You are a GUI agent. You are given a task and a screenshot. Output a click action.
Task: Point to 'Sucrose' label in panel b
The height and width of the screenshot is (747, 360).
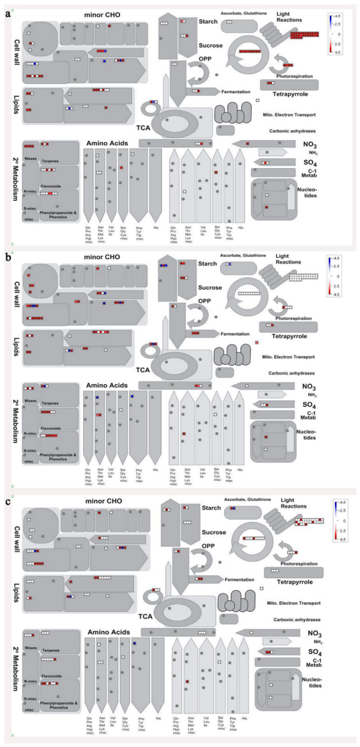[210, 288]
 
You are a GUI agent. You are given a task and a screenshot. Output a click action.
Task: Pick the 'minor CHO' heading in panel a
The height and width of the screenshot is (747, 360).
[102, 15]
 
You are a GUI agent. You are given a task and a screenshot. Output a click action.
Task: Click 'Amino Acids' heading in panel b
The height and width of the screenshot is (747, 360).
[107, 385]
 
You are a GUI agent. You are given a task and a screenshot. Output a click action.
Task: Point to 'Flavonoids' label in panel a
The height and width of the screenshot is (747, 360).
[51, 186]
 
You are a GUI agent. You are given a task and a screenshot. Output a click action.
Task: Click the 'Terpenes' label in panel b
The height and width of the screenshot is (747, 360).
[50, 403]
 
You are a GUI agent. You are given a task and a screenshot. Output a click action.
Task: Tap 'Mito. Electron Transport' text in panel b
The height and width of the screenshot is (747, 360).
[288, 357]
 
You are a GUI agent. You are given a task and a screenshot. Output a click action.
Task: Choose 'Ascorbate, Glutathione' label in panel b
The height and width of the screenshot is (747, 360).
[243, 256]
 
